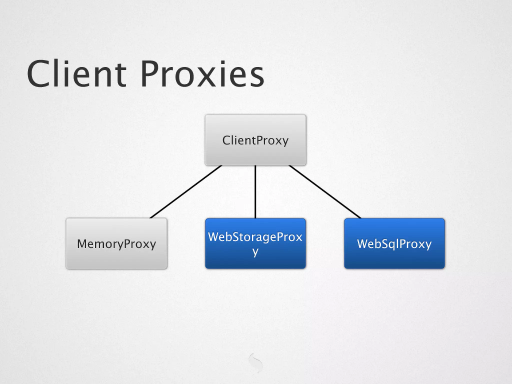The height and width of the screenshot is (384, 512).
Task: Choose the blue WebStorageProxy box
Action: click(255, 260)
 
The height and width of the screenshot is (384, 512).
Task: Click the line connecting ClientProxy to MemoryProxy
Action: click(186, 192)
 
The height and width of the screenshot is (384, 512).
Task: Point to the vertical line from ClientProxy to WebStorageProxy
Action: click(255, 192)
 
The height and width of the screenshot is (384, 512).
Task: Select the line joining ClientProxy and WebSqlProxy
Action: click(325, 192)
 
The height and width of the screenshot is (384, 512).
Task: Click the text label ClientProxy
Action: click(255, 140)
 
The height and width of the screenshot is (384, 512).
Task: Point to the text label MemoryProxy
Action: click(116, 244)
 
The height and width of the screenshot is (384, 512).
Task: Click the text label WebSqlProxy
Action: click(394, 244)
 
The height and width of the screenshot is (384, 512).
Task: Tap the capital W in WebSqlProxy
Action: click(363, 243)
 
